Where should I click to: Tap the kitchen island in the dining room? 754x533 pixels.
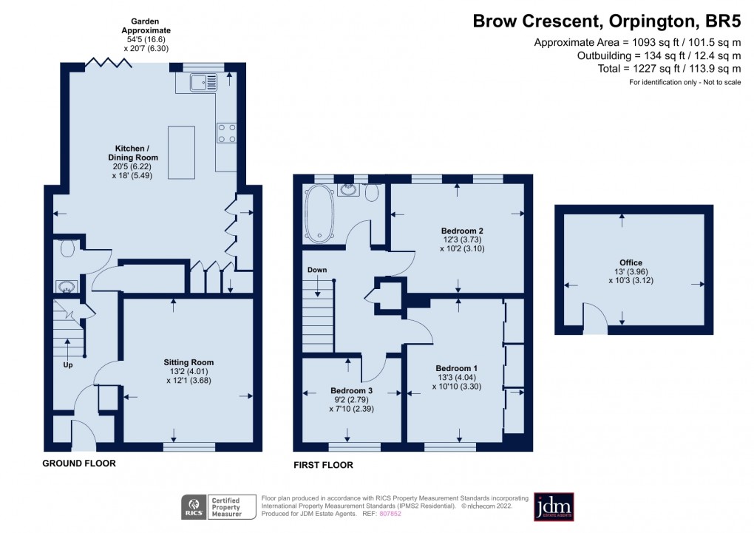tap(182, 153)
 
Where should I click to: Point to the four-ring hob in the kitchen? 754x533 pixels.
tap(226, 132)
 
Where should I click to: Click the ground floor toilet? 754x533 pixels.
tap(67, 248)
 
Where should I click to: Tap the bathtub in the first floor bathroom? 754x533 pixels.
tap(320, 214)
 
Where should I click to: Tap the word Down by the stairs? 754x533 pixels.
tap(317, 270)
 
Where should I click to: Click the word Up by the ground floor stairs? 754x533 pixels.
tap(68, 364)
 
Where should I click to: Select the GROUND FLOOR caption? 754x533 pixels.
tap(78, 464)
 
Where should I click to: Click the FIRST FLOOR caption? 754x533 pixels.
tap(323, 465)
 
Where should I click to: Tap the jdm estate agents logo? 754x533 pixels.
tap(554, 507)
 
